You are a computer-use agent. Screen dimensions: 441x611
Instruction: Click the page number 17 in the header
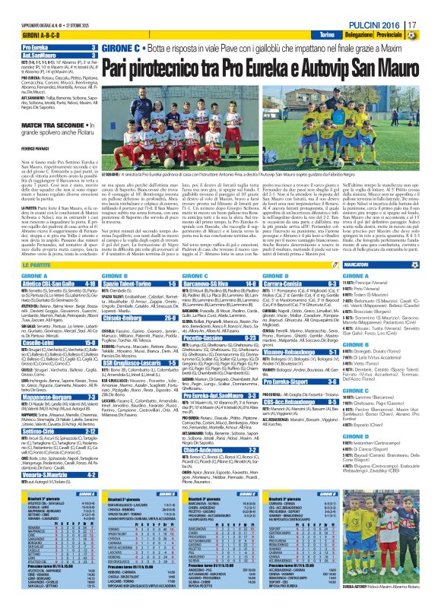[x=431, y=26]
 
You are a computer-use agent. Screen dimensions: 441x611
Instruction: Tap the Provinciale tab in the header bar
[x=417, y=36]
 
